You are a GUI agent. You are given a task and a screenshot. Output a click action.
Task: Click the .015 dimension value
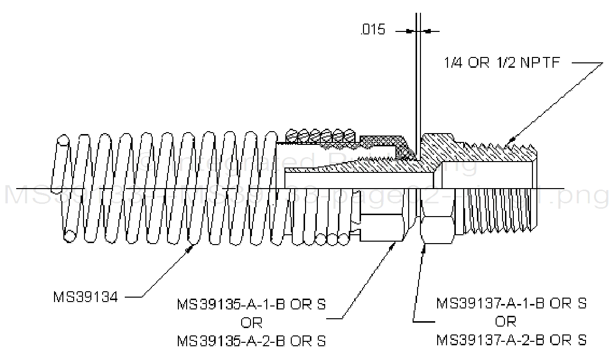coord(372,30)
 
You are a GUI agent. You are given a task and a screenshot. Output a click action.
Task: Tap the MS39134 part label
coord(86,297)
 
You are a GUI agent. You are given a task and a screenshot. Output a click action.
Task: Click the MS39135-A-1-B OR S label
coord(251,304)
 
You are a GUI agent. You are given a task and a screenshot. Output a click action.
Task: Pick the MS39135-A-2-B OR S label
coord(251,340)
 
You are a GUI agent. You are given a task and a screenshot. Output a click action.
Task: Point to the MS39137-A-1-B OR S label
coord(511,303)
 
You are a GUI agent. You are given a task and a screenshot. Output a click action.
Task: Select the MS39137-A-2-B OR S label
coord(511,339)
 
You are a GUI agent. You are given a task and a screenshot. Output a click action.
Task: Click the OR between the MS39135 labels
coord(251,322)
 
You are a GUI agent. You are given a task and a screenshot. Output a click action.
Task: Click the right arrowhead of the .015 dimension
coord(427,31)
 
